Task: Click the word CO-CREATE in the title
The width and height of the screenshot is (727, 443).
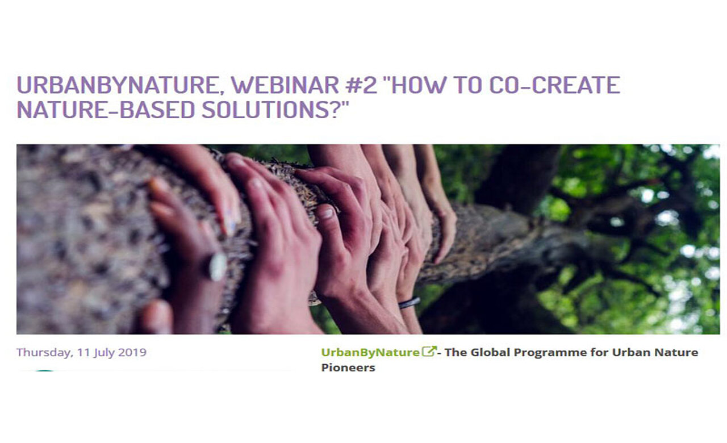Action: point(554,85)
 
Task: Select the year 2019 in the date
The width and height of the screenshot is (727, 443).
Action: point(132,352)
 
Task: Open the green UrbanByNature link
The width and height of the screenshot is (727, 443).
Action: point(370,353)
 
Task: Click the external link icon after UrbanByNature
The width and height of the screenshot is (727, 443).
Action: point(429,352)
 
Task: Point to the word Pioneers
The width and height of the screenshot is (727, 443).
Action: point(348,367)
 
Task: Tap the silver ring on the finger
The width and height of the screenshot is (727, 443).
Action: point(218,267)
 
